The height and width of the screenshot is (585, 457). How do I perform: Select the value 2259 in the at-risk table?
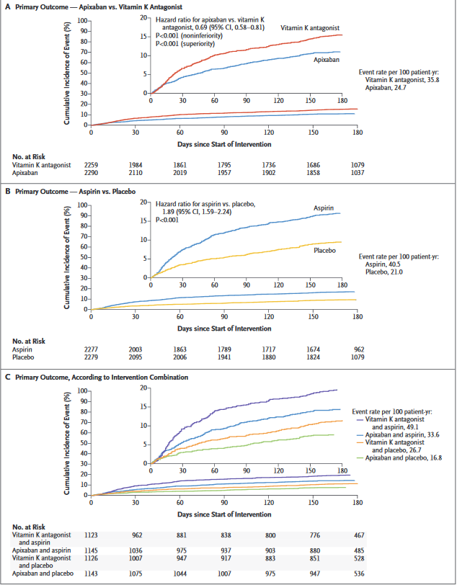[92, 165]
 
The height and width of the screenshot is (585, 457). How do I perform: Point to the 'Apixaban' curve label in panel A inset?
[326, 61]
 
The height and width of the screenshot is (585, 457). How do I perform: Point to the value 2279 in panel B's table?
[92, 358]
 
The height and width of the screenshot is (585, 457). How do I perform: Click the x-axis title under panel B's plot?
[223, 328]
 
